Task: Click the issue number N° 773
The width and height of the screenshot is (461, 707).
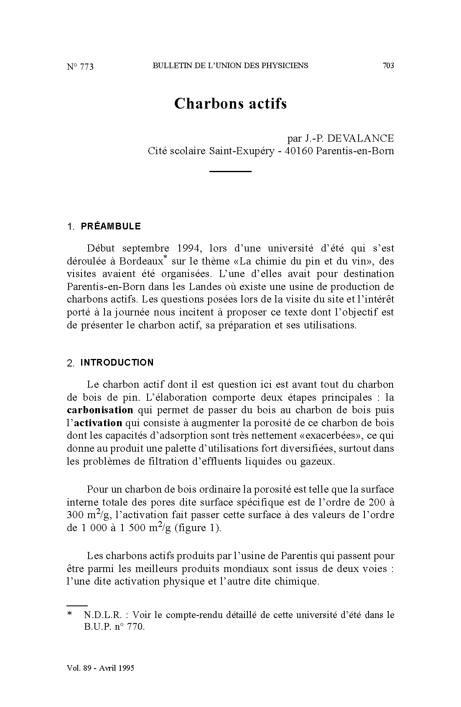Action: [x=80, y=67]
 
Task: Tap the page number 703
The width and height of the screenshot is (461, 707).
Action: [x=388, y=65]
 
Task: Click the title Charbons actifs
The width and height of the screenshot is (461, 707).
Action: [x=230, y=103]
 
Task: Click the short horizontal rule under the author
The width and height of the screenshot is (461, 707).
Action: [x=230, y=171]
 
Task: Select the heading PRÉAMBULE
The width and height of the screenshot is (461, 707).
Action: [x=111, y=226]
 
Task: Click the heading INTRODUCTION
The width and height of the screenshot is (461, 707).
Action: [x=117, y=362]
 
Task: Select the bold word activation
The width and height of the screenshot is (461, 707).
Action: [x=98, y=422]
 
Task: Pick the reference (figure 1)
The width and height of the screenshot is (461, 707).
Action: [x=198, y=528]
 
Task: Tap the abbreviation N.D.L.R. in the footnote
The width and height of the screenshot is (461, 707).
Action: [x=102, y=615]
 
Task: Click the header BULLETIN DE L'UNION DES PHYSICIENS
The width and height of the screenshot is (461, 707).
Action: [x=230, y=65]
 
